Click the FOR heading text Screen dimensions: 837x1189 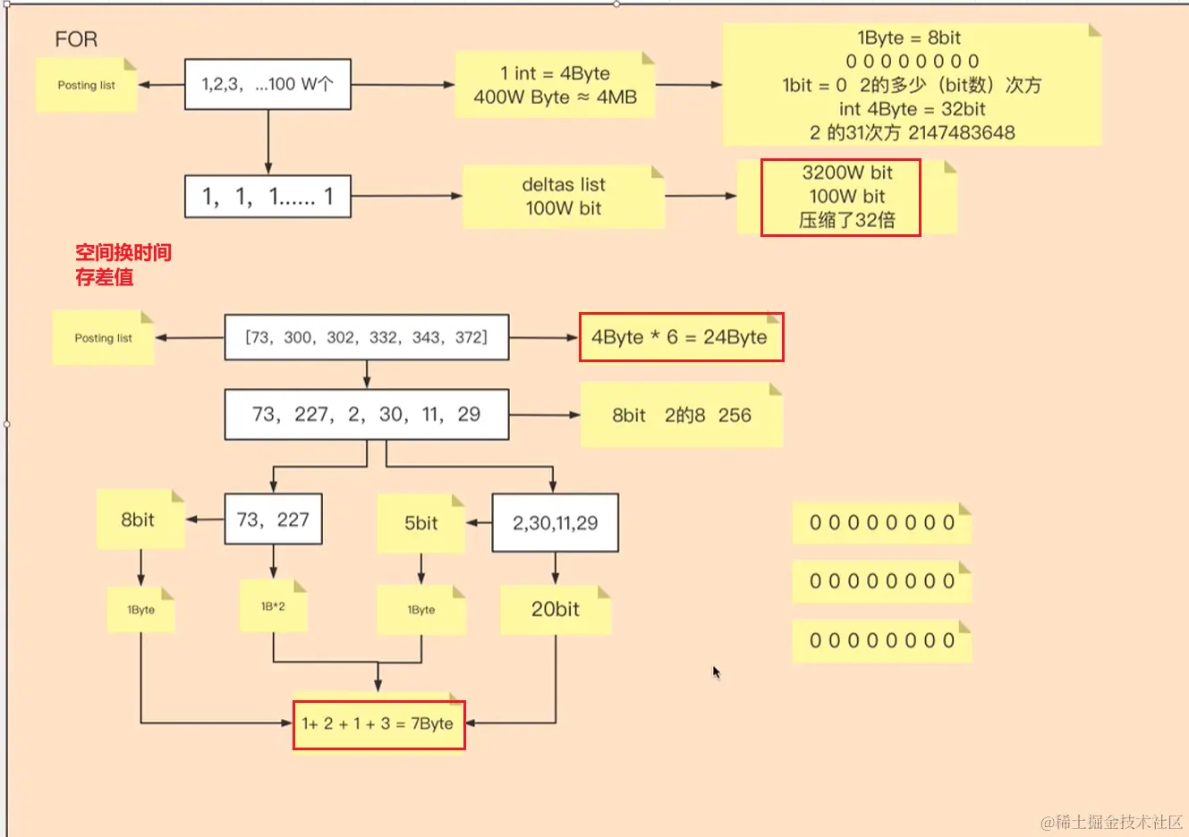coord(76,39)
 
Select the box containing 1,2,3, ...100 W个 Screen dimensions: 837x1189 coord(268,85)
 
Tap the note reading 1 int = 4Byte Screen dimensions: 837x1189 coord(555,85)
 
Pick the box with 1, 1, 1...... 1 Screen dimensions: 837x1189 coord(268,197)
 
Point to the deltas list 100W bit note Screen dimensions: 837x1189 coord(564,197)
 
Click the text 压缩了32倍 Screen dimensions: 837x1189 coord(846,220)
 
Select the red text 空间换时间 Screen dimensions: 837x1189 coord(123,252)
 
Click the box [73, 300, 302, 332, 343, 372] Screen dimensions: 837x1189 coord(366,337)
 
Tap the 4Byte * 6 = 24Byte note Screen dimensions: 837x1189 coord(680,337)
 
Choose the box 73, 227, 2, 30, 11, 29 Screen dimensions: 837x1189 coord(366,414)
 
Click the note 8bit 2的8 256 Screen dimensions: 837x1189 coord(682,415)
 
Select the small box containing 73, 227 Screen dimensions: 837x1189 coord(273,520)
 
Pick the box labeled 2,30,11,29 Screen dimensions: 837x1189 coord(555,523)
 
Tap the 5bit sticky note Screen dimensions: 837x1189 coord(420,523)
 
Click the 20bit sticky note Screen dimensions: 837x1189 coord(555,609)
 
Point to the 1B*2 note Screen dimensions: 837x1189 coord(273,606)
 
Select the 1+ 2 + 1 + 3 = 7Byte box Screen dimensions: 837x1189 coord(378,723)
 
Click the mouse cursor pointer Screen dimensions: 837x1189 coord(716,672)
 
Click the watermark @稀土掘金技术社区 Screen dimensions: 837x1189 coord(1111,822)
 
